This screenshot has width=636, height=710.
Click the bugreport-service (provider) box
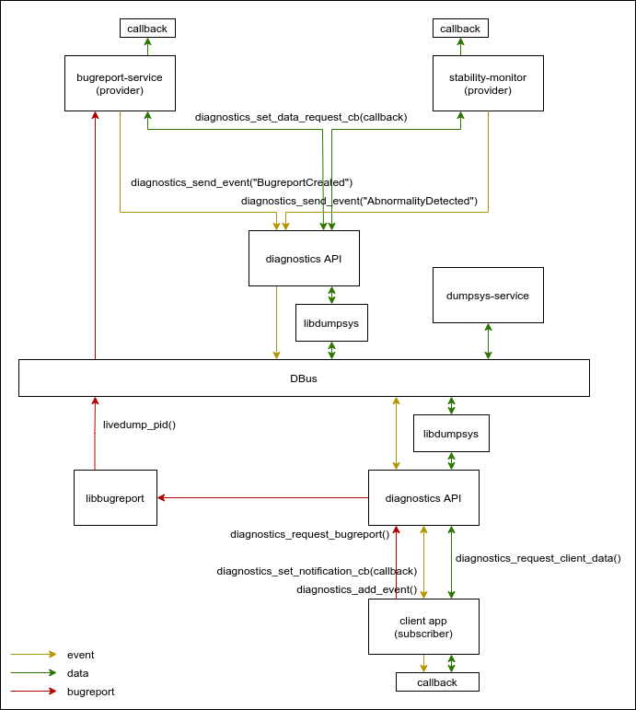(120, 84)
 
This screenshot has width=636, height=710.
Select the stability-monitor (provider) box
(488, 84)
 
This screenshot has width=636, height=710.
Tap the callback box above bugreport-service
(147, 29)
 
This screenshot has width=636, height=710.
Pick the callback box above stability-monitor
(460, 29)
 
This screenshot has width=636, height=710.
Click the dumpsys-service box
(488, 296)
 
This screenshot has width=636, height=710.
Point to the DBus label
(304, 378)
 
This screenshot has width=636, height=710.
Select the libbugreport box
(115, 498)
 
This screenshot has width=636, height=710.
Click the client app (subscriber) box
(423, 627)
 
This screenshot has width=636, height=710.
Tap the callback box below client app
(437, 682)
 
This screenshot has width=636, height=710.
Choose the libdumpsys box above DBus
(331, 323)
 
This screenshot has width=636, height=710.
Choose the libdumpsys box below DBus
(451, 433)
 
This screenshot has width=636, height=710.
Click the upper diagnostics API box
(304, 259)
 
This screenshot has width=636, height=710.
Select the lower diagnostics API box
(423, 498)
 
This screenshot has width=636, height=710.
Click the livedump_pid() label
(139, 425)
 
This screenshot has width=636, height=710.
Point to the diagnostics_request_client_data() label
(538, 557)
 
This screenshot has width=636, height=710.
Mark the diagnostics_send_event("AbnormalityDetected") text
(359, 200)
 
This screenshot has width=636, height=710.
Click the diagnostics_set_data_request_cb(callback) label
(301, 117)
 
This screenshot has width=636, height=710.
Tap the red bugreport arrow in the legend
(33, 691)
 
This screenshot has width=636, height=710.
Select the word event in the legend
(81, 655)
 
